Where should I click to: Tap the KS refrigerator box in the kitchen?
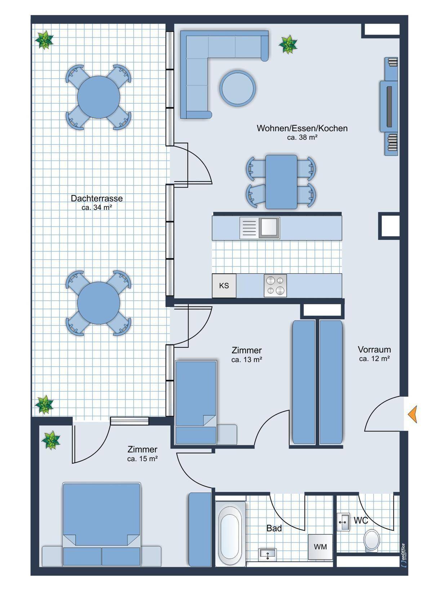click(x=224, y=286)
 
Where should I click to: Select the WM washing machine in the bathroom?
click(x=320, y=547)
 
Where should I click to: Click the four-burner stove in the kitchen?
click(x=275, y=286)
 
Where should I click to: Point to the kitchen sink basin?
click(x=269, y=228)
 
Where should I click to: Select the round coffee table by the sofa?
click(x=238, y=88)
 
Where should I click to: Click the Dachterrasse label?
click(x=97, y=198)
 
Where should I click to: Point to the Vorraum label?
click(x=374, y=349)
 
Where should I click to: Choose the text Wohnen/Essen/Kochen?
click(x=302, y=128)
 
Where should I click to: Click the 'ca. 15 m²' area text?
click(x=142, y=459)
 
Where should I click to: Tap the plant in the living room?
click(x=288, y=44)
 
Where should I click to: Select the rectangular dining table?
click(x=281, y=182)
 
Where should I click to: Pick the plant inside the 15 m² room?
click(x=51, y=440)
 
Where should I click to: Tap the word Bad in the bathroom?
click(x=274, y=528)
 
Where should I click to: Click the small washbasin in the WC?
click(x=343, y=522)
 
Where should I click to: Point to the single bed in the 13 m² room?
click(x=196, y=402)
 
